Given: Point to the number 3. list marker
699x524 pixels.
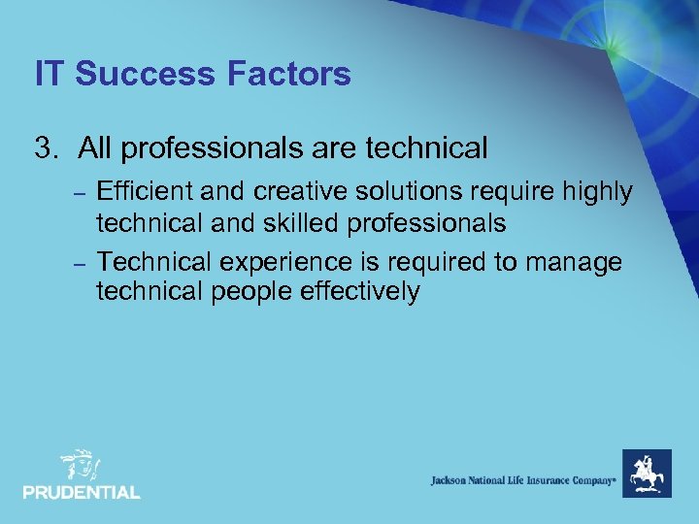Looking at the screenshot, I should (46, 148).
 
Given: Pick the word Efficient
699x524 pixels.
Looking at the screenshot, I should (145, 192).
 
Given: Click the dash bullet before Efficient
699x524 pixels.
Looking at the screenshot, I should (81, 193).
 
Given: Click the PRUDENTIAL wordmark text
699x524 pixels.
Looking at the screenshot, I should (82, 492).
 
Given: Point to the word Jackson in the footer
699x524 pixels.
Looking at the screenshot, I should (452, 480).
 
